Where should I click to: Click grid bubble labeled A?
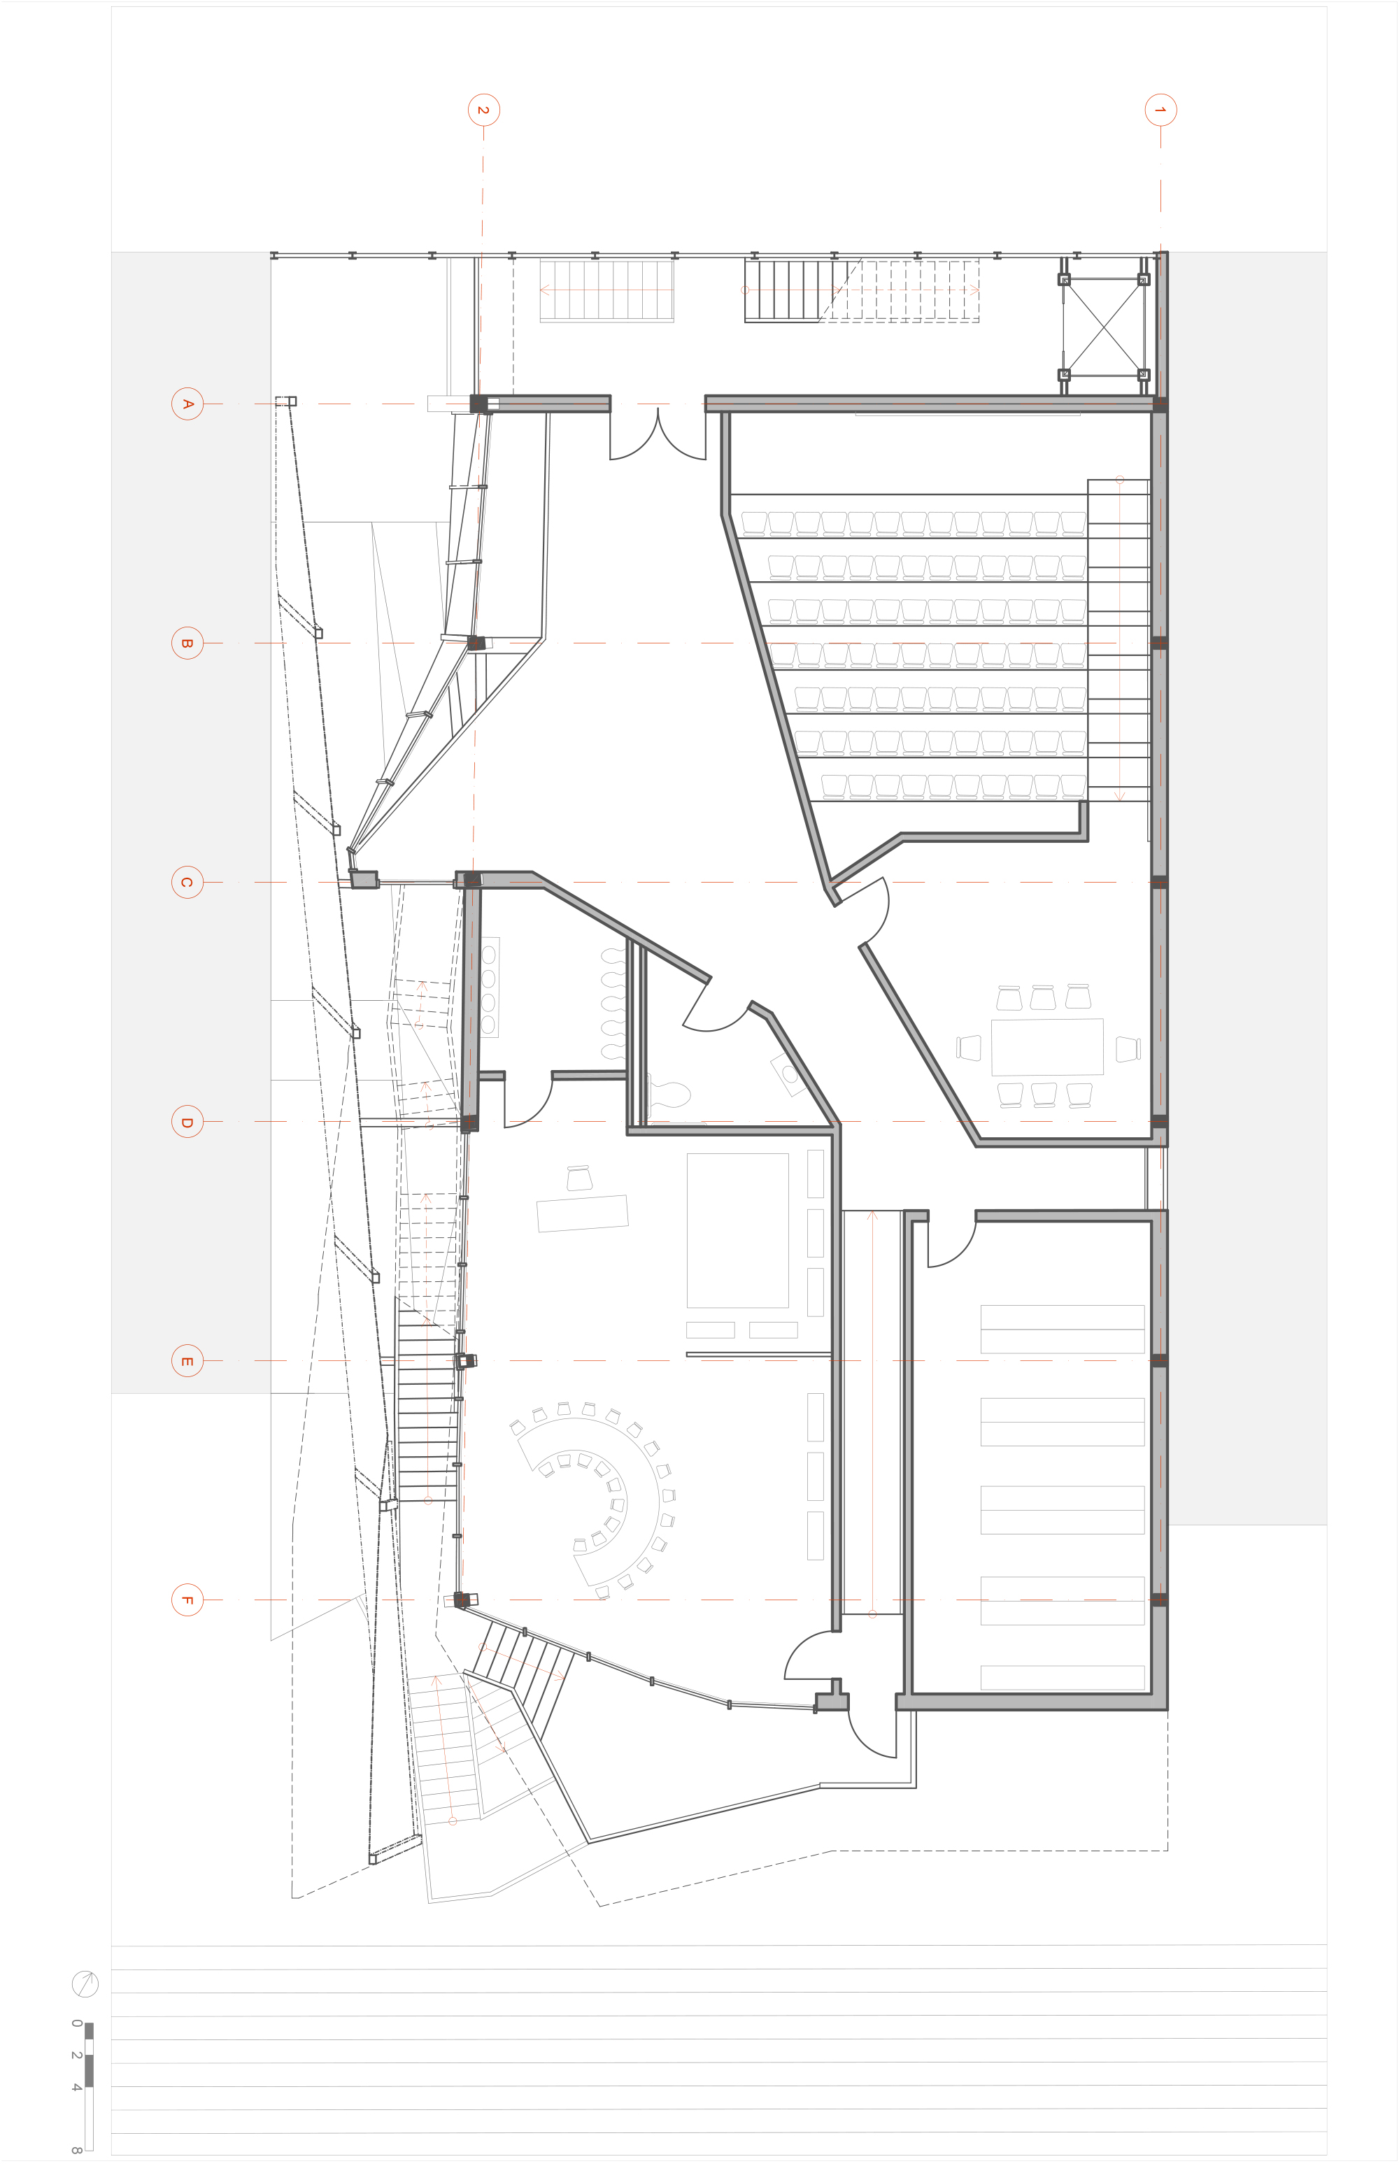click(x=187, y=404)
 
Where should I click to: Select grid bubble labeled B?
click(x=187, y=643)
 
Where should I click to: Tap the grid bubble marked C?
click(x=187, y=882)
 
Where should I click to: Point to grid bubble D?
click(x=187, y=1122)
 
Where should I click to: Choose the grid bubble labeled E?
click(x=187, y=1360)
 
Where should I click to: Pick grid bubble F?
click(x=187, y=1599)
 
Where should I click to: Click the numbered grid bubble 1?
click(x=1160, y=110)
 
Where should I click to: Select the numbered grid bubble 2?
click(x=483, y=110)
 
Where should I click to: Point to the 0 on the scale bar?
click(x=76, y=2023)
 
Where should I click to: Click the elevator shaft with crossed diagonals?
click(x=1104, y=327)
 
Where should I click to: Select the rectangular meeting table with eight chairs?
click(x=1046, y=1047)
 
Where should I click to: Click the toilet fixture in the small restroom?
click(x=672, y=1095)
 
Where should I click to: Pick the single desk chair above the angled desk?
click(x=578, y=1178)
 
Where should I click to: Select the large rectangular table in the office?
click(x=738, y=1231)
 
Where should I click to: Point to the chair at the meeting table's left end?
click(x=970, y=1047)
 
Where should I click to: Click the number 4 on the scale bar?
click(x=76, y=2087)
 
